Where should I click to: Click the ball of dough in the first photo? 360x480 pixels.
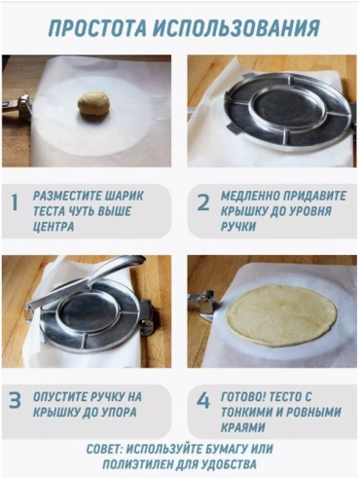(94, 103)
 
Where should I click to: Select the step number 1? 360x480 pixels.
(15, 203)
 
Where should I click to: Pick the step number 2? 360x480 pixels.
(203, 203)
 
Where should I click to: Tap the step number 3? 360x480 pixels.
(15, 400)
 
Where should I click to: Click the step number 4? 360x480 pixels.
(203, 400)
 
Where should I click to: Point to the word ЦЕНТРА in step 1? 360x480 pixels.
(54, 227)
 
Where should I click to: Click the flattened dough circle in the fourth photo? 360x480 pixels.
(281, 315)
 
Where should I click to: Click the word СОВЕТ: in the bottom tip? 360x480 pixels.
(104, 449)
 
